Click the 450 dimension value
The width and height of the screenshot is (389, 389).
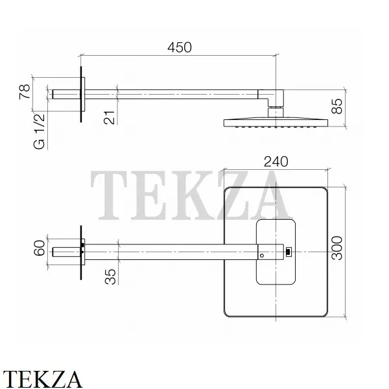pos(180,47)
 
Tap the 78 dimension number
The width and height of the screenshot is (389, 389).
pos(25,92)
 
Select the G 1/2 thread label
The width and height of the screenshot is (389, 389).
pos(39,132)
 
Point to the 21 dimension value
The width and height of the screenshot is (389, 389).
pos(110,117)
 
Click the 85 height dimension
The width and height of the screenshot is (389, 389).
pos(337,106)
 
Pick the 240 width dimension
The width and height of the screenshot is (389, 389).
pos(276,161)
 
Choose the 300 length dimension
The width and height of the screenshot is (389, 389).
pos(337,248)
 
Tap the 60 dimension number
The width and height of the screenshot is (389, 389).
pos(39,248)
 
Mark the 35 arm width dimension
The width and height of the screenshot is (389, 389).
pos(110,277)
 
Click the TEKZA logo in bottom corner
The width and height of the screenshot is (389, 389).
pos(42,379)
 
